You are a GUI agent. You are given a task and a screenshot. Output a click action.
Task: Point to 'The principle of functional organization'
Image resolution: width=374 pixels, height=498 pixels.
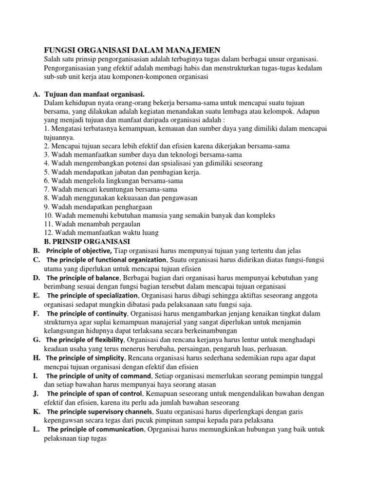(x=107, y=260)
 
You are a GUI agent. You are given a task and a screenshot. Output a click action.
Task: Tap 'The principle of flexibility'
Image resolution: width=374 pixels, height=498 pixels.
(x=86, y=339)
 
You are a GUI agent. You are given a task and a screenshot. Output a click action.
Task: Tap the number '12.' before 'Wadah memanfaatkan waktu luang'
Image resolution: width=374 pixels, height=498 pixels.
(x=48, y=233)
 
